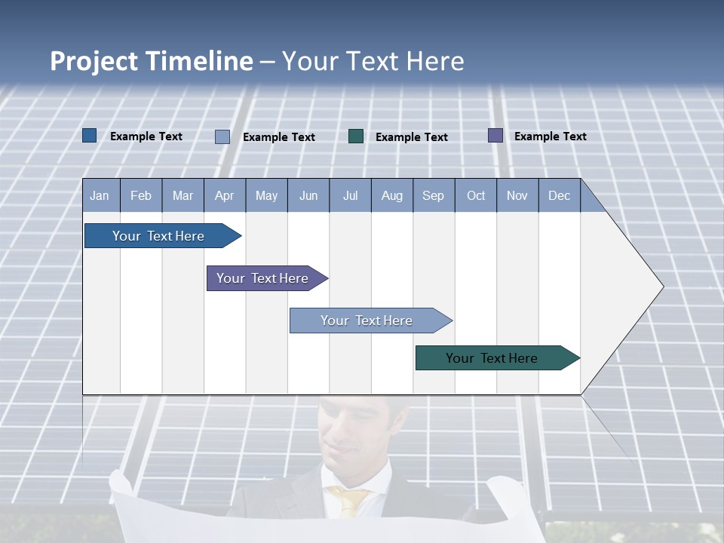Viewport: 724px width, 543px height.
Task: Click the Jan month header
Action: click(100, 195)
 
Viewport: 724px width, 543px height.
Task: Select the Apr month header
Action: click(225, 195)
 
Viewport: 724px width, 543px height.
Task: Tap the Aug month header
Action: click(392, 195)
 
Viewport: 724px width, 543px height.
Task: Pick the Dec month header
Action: click(559, 195)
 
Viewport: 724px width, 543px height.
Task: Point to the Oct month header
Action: click(476, 195)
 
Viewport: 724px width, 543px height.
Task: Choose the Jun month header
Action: click(308, 195)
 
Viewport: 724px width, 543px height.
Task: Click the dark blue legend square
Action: click(89, 136)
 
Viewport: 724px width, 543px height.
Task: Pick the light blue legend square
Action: click(222, 137)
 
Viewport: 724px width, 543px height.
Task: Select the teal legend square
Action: click(356, 136)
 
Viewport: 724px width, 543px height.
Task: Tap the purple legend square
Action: click(495, 136)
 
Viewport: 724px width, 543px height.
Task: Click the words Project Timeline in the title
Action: click(151, 61)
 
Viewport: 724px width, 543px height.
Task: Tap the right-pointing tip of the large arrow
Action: click(661, 286)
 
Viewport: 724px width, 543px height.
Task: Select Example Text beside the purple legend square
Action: click(550, 137)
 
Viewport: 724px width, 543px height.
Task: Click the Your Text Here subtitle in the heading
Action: click(373, 61)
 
